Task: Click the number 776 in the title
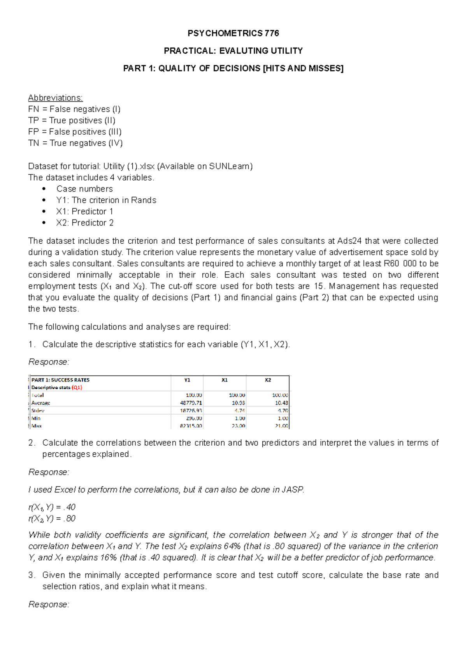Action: [272, 33]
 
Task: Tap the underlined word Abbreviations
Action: [55, 98]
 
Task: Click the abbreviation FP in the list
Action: [33, 132]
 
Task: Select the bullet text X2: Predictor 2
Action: [85, 223]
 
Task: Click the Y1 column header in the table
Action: [187, 380]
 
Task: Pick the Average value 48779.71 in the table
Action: [191, 403]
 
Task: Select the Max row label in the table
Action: [37, 426]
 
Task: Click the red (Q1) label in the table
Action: [77, 387]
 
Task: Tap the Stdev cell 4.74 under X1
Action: [239, 411]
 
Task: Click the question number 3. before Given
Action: [32, 575]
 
